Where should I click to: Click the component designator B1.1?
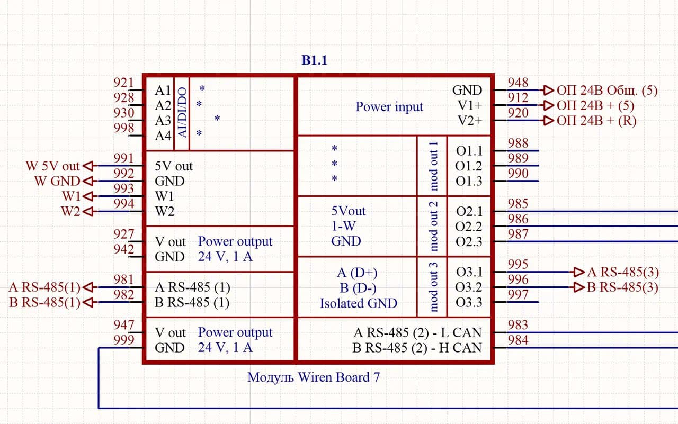[315, 60]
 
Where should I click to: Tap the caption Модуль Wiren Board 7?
[313, 377]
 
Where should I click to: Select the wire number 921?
[124, 82]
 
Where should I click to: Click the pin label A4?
[163, 136]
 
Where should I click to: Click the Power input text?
[389, 107]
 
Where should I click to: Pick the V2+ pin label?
[470, 121]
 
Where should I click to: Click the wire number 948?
[518, 82]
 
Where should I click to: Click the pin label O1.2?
[469, 166]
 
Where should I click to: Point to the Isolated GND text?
[358, 303]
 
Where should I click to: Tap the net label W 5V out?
[52, 166]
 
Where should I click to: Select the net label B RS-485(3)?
[622, 288]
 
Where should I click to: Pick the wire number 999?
[124, 340]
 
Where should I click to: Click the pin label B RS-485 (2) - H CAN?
[417, 348]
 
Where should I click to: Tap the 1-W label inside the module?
[343, 226]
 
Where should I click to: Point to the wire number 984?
[518, 340]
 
